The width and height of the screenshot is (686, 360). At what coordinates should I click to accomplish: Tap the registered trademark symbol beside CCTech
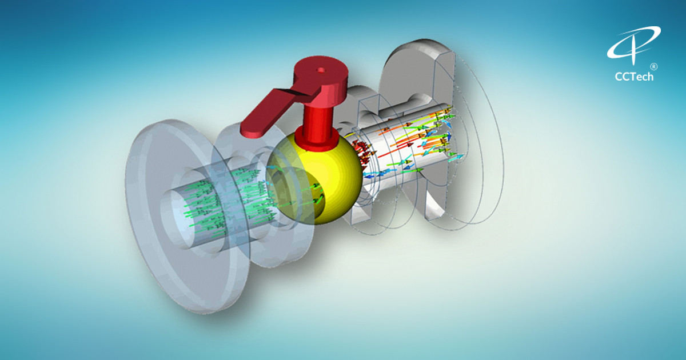pos(653,66)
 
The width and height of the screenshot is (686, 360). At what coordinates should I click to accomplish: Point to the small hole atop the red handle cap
pos(320,70)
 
